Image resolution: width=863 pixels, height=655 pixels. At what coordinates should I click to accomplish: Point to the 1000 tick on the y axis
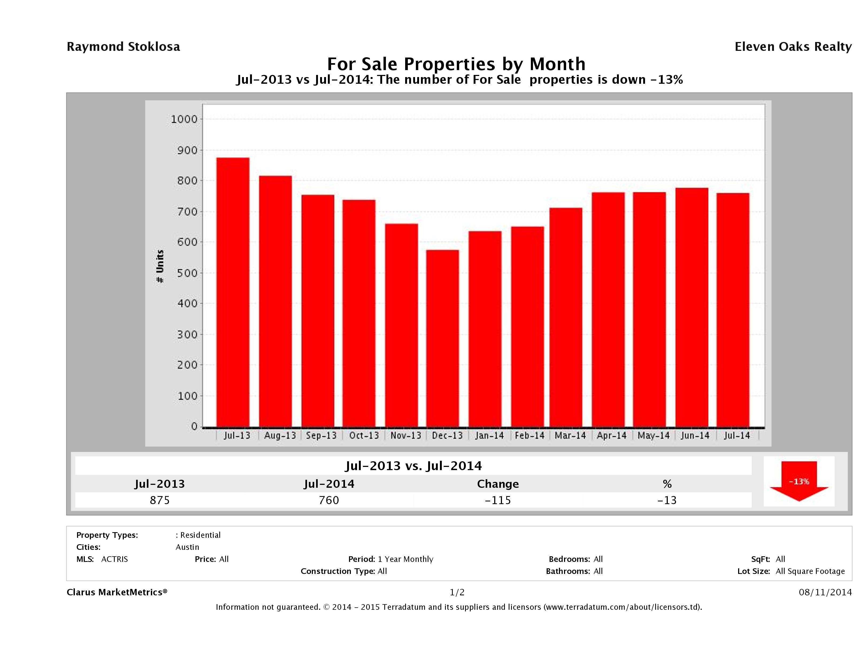click(x=184, y=119)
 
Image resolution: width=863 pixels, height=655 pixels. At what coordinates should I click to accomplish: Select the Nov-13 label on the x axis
click(x=406, y=436)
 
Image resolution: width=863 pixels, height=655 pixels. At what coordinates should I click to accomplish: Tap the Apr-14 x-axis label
click(x=611, y=436)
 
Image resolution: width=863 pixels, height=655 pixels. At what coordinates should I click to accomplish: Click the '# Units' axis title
click(x=160, y=266)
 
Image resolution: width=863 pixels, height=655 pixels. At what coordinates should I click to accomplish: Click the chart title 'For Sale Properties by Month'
click(x=456, y=64)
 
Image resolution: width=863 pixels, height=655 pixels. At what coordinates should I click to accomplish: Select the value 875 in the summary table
click(x=160, y=500)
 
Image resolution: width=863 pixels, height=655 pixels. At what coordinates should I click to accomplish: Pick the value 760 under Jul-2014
click(x=329, y=500)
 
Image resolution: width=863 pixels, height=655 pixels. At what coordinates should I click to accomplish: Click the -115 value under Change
click(x=498, y=500)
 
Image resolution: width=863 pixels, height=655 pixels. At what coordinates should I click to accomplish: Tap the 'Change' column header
click(x=498, y=484)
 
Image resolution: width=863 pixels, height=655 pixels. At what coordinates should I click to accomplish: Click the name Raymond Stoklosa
click(x=123, y=47)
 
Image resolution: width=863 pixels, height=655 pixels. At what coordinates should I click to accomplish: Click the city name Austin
click(x=187, y=547)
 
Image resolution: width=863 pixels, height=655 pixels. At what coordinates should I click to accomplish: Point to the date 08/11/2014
click(x=825, y=593)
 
